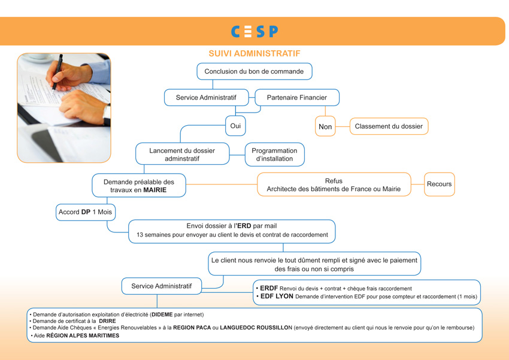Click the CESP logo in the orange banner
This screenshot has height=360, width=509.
tap(255, 32)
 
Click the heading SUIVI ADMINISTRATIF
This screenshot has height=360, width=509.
tap(255, 53)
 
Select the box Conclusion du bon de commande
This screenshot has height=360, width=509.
tap(255, 71)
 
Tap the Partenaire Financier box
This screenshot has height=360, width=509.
tap(297, 98)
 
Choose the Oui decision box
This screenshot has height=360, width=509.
tap(235, 126)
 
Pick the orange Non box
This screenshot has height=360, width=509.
tap(325, 126)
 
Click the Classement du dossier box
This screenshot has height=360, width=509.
tap(389, 126)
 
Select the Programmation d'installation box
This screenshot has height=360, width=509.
tap(275, 155)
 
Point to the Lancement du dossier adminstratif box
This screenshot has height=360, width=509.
tap(183, 154)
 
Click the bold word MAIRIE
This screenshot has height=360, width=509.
tap(155, 190)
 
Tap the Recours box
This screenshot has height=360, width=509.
tap(440, 184)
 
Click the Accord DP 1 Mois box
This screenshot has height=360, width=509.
tap(86, 212)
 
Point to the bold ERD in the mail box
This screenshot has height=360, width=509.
tap(244, 226)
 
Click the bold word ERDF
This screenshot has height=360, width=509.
tap(269, 288)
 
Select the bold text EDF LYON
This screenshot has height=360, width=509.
tap(277, 296)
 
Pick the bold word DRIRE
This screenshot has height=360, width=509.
tap(107, 321)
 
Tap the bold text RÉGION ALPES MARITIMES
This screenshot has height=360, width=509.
tap(83, 335)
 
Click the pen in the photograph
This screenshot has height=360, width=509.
tap(57, 72)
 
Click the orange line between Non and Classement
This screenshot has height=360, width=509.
tap(343, 126)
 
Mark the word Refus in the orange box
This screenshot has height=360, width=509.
tap(334, 181)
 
